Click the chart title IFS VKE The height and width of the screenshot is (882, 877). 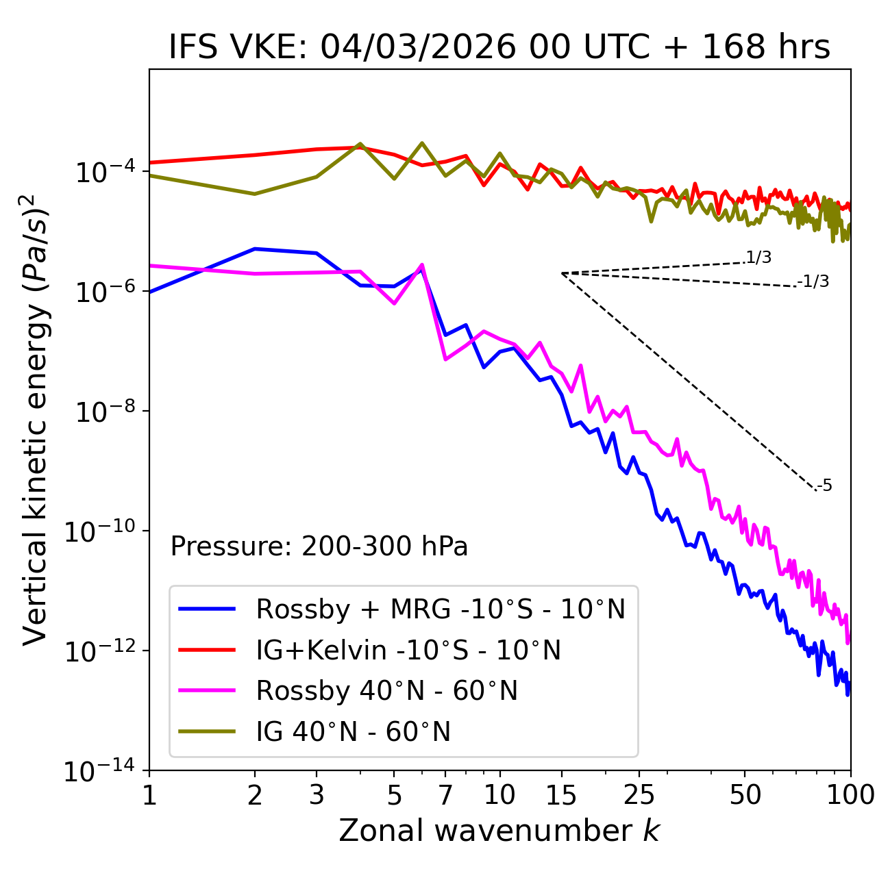coord(499,47)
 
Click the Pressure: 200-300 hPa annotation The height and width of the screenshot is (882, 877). coord(319,546)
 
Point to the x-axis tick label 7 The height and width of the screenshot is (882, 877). coord(445,795)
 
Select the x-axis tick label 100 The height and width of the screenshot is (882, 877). coord(850,795)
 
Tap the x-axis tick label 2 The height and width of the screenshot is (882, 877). coord(255,795)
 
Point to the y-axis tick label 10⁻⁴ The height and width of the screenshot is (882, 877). coord(103,173)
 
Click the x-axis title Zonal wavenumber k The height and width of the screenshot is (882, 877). coord(499,831)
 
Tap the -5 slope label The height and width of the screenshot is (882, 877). coord(824,486)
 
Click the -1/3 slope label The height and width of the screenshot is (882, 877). coord(813,281)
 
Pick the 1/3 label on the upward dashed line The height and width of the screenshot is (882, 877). coord(758,257)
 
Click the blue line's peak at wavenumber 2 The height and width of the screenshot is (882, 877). coord(255,249)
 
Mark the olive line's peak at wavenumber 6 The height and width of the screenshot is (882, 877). coord(421,143)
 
